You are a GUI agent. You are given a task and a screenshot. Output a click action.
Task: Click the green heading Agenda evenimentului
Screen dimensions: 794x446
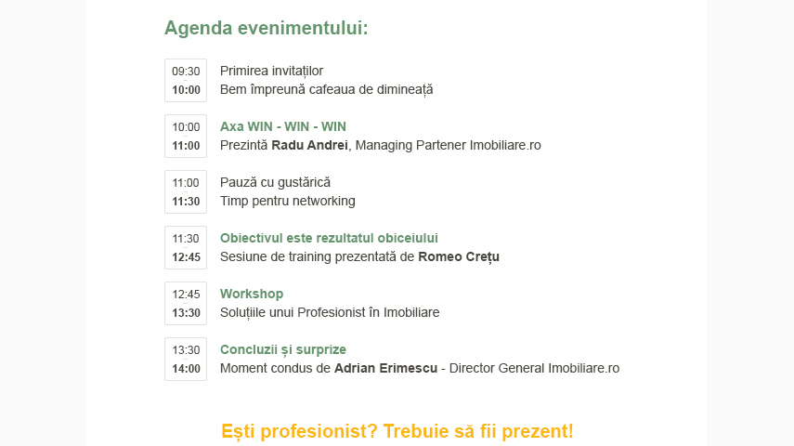coord(266,29)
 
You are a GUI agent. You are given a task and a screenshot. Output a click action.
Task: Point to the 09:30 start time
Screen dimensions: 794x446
coord(186,72)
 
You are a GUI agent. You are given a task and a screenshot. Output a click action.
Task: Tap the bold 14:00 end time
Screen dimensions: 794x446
coord(186,369)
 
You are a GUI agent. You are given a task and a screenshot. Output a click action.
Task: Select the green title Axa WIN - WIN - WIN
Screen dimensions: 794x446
coord(283,126)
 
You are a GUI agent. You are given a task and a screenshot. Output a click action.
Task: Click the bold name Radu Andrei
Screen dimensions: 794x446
coord(309,146)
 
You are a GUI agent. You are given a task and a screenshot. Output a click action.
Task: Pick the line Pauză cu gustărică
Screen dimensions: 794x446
coord(275,183)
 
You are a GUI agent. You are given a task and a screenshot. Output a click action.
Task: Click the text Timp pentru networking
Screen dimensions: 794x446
coord(288,202)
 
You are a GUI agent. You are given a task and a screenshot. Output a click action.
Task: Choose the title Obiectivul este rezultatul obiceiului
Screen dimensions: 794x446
coord(329,238)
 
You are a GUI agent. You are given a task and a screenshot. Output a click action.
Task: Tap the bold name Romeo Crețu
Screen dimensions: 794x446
coord(459,257)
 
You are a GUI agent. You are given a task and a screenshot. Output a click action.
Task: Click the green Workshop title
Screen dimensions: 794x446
coord(252,294)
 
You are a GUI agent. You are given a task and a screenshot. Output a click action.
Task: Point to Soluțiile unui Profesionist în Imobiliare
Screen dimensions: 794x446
coord(330,313)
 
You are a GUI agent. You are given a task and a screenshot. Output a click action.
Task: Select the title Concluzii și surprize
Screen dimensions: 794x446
coord(283,349)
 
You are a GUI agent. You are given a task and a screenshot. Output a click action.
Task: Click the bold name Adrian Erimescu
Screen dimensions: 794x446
coord(386,369)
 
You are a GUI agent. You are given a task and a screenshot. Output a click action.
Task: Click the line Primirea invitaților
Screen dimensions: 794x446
coord(271,71)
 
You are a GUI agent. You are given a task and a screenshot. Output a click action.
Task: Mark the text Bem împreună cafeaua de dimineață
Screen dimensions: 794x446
coord(327,90)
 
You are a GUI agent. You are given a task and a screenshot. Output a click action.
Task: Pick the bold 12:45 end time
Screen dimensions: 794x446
coord(186,257)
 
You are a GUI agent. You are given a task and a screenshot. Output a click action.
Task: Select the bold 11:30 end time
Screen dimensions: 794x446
coord(186,202)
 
